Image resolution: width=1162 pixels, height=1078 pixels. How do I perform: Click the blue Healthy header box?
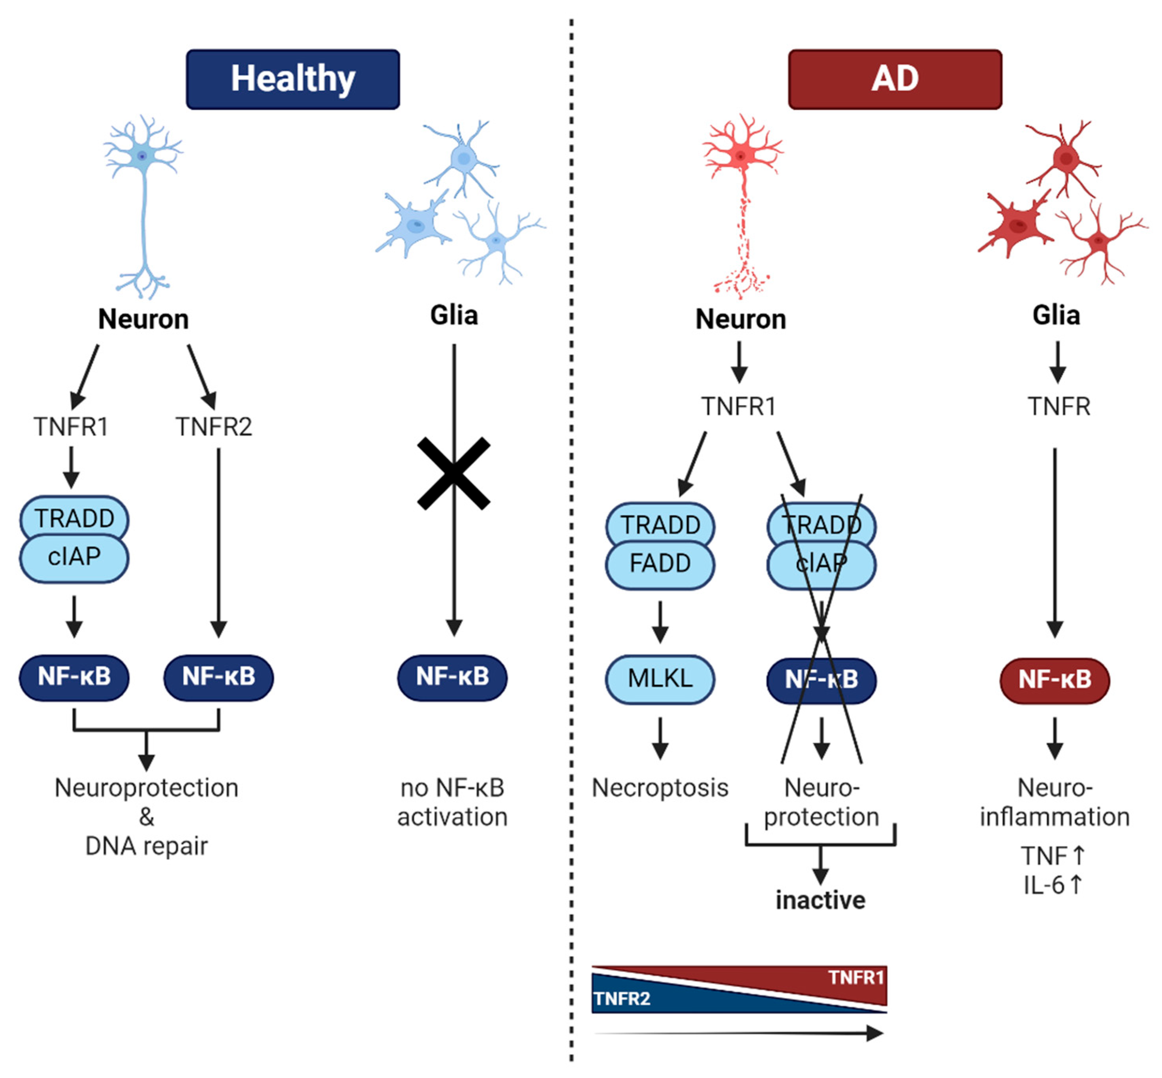click(293, 79)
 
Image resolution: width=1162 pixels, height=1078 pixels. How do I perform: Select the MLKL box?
click(660, 679)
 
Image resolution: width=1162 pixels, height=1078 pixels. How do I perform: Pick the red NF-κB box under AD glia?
click(1055, 680)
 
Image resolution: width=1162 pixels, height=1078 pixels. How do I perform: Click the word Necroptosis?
click(660, 788)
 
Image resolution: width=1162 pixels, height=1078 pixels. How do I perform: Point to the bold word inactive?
click(820, 900)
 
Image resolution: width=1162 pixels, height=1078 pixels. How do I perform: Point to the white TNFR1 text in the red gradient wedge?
click(856, 978)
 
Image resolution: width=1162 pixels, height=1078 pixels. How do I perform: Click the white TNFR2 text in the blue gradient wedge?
click(622, 999)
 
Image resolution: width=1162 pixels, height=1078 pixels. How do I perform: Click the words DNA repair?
click(147, 846)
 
